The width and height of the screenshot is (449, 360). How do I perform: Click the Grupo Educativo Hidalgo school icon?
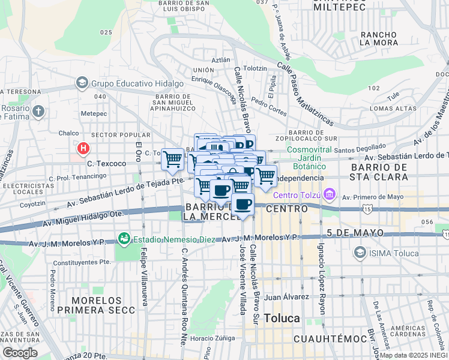pos(82,83)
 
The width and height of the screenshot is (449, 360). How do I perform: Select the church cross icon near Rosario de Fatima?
pos(38,111)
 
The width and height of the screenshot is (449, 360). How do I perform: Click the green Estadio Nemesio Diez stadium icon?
pos(124,239)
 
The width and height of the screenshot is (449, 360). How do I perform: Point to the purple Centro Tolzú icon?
pos(328,195)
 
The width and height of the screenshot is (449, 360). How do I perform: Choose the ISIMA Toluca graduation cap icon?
pos(360,251)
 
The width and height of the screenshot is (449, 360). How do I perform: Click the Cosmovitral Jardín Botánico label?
pos(306,158)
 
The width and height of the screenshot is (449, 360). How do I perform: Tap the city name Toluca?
pos(282,318)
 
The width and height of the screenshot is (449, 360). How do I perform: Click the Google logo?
pos(20,352)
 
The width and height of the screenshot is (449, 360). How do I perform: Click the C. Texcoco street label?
pos(107,163)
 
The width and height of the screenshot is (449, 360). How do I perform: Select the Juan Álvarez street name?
pos(286,296)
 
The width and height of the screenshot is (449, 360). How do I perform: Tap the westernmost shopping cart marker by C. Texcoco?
pos(172,159)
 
